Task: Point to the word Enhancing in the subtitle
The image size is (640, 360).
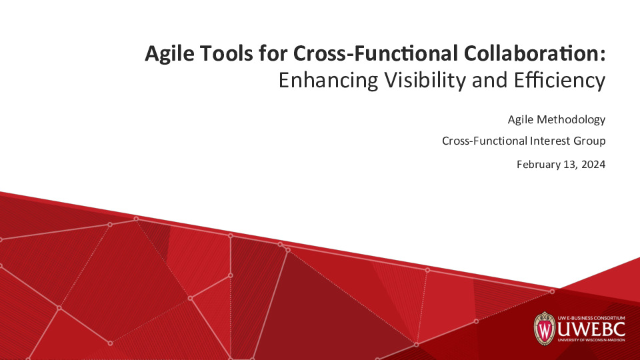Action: coord(327,81)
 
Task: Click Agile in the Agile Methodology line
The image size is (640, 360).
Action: coord(519,120)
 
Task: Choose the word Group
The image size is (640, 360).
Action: coord(590,141)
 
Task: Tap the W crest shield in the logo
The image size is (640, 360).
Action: coord(545,328)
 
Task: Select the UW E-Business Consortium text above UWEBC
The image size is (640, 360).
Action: coord(592,313)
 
